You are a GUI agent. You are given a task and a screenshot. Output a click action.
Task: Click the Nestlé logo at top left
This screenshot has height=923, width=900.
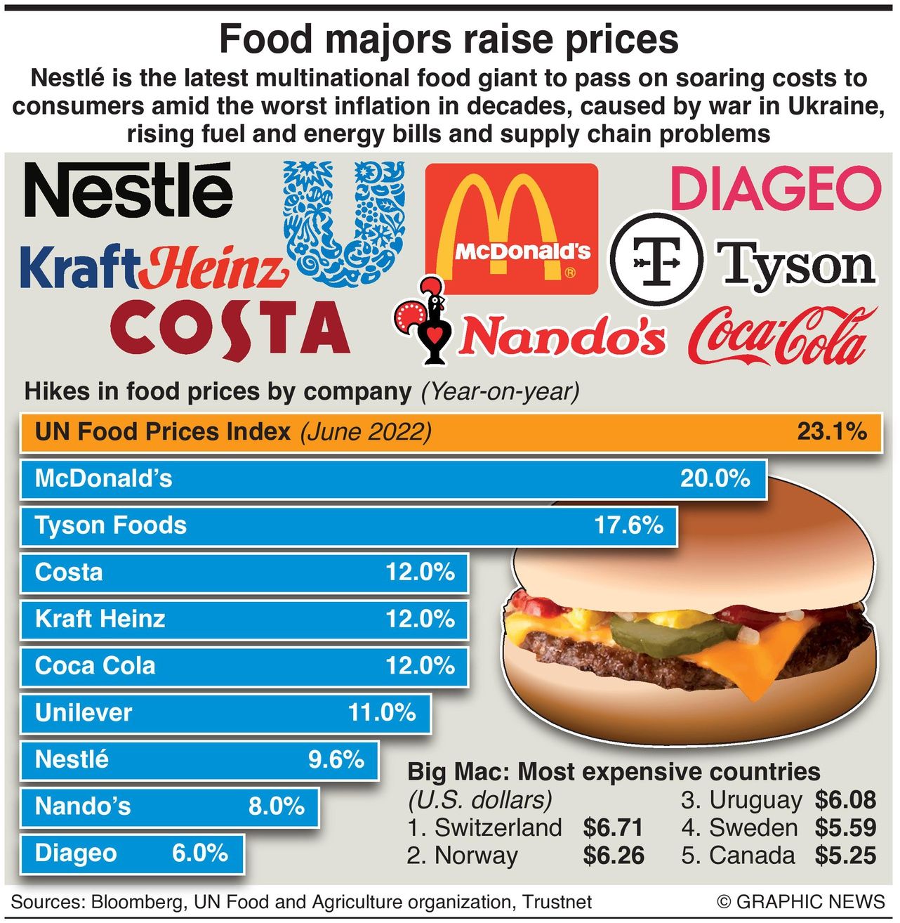pos(128,190)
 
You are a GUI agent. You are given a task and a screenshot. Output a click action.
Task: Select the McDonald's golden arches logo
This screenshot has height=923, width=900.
pos(511,228)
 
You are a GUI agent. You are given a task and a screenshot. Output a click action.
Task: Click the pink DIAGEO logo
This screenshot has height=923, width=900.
pos(775,188)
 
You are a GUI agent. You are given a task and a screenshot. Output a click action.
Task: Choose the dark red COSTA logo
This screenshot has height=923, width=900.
pos(230,329)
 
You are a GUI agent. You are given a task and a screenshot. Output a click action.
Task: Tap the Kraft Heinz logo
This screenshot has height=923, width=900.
pos(153,267)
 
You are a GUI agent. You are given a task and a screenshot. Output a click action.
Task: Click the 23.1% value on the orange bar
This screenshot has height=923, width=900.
pos(831,431)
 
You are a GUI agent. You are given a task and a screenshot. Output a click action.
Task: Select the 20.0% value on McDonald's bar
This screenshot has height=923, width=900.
pos(715,478)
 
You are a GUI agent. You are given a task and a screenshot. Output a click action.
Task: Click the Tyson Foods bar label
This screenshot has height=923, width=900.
pos(111,525)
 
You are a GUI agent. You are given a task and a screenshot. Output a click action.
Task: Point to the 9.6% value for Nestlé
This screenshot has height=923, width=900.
pos(336,759)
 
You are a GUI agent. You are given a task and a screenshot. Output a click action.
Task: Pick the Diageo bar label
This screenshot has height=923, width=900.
pos(76,853)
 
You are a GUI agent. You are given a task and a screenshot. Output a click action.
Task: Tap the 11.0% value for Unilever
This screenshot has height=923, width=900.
pos(382,712)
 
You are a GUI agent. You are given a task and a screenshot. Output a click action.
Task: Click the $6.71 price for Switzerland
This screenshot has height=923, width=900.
pos(613,827)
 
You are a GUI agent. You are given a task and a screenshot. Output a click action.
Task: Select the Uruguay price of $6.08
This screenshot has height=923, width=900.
pos(845,800)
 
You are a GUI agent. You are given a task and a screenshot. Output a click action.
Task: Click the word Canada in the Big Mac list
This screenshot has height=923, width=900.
pos(752,856)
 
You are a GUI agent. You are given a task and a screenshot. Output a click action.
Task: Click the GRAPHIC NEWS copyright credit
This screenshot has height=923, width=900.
pos(801,902)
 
